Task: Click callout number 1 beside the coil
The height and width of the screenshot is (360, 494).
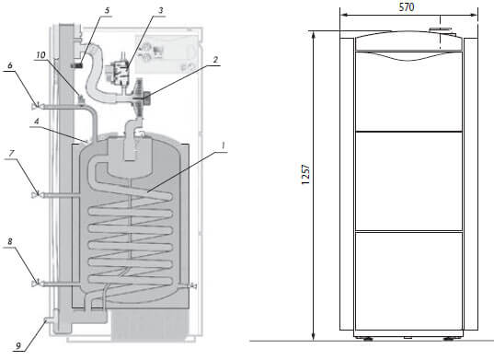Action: coord(223,146)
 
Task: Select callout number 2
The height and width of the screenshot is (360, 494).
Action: coord(215,60)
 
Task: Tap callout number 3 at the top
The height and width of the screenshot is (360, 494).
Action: coord(161,10)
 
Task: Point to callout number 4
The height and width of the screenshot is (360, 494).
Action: coord(37,121)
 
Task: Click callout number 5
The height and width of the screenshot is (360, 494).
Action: coord(107,10)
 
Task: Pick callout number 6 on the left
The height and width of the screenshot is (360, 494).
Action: coord(10,65)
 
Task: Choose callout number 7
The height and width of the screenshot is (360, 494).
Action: coord(12,153)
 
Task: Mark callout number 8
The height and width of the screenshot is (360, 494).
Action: coord(10,241)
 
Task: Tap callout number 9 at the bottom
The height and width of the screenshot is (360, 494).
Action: coord(18,346)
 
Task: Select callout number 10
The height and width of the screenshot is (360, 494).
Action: coord(40,55)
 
